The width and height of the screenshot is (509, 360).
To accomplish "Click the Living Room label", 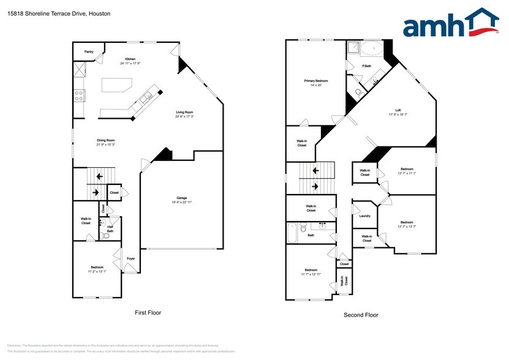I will coord(184,112).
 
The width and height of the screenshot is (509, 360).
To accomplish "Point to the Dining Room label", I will coord(106,140).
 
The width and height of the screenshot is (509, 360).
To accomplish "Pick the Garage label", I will coord(182,198).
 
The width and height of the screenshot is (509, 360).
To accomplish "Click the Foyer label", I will coord(130,258).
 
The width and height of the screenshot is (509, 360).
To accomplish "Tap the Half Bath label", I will coord(110,229).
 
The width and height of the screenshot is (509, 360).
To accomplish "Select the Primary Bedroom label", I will coord(316,81).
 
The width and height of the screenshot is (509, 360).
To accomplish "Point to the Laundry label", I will coord(364,216).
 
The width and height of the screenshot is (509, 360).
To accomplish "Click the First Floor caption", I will coord(148,313).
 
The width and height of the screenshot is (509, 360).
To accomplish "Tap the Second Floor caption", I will coord(361,315).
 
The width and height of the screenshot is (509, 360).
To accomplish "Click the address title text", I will coord(59,12).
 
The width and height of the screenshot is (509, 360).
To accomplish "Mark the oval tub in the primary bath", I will coord(371,48).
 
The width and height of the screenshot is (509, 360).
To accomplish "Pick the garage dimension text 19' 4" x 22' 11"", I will coord(182,202).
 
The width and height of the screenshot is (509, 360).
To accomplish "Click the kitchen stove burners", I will coord(79,95).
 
